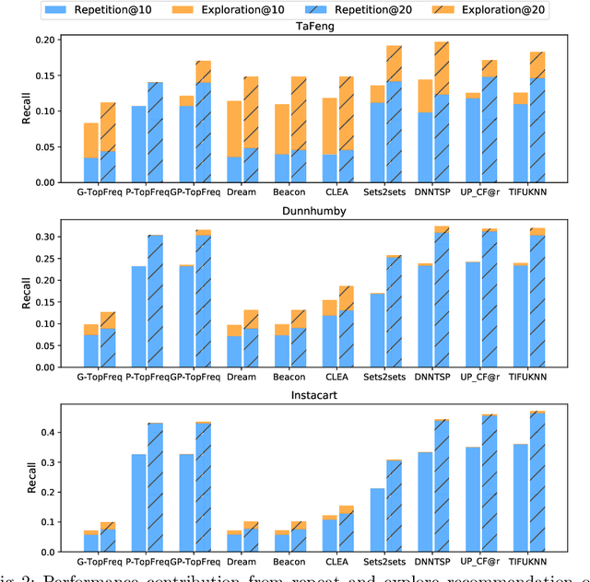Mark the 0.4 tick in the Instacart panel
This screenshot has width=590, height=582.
(47, 432)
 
